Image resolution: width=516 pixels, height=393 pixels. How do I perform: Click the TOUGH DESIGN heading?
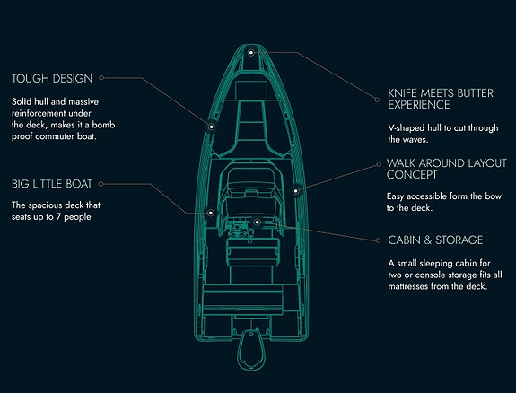tap(52, 78)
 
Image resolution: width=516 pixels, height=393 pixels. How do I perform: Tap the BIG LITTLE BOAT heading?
tap(52, 184)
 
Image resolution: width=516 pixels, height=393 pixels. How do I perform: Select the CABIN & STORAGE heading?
tap(435, 240)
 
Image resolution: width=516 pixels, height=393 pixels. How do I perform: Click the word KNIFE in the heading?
tap(402, 93)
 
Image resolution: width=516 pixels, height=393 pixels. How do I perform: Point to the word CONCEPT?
tap(412, 174)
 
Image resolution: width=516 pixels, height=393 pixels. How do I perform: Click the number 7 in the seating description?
tap(58, 217)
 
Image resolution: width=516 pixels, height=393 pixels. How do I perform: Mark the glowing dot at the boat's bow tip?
tap(251, 53)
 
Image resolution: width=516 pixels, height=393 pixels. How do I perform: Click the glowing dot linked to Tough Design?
tap(211, 127)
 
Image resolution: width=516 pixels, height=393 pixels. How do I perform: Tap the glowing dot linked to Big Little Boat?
tap(211, 213)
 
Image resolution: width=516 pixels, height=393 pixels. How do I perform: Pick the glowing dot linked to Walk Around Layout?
tap(295, 190)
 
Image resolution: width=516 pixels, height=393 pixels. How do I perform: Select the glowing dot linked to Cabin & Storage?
tap(257, 223)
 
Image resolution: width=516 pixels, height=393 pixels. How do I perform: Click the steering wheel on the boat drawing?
tap(237, 233)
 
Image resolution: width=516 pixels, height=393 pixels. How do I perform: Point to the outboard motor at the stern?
tap(251, 350)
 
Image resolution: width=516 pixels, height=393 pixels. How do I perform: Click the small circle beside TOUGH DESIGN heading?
tap(101, 78)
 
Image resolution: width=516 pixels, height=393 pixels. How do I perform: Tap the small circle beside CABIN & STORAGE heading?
tap(378, 240)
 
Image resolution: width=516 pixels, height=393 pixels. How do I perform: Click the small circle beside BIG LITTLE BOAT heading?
tap(101, 184)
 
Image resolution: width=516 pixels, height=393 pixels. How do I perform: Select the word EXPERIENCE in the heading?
tap(419, 105)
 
